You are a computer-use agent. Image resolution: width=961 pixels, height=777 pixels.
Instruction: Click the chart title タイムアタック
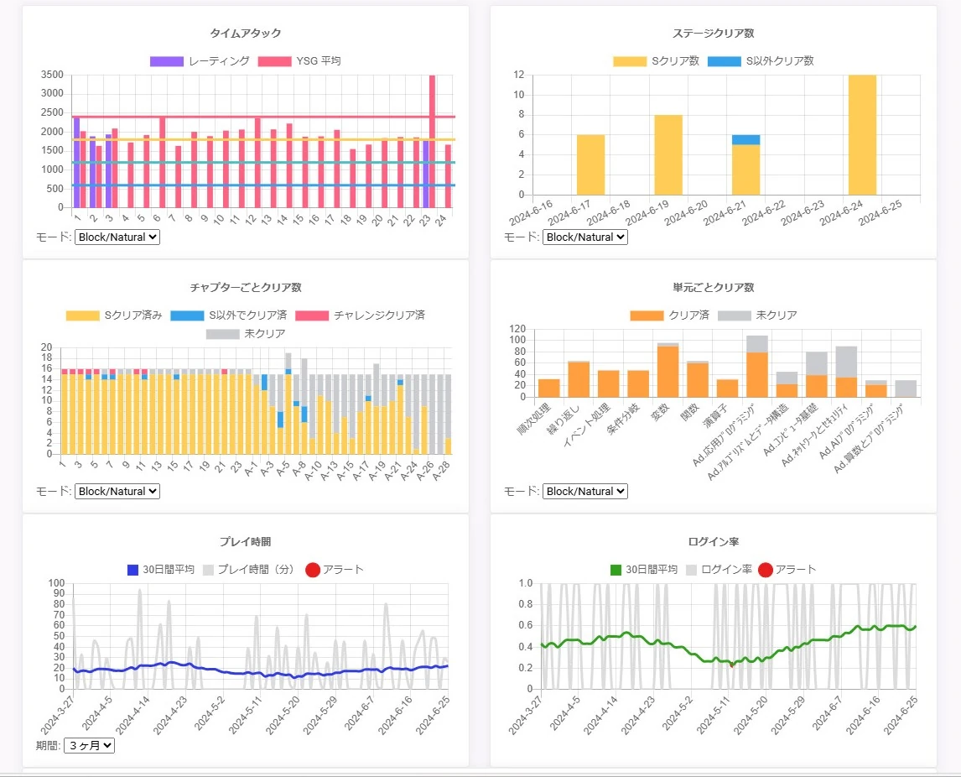tap(245, 34)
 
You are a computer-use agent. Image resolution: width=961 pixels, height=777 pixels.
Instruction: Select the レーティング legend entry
tap(200, 61)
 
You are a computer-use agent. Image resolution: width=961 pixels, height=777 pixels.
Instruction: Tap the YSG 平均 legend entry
tap(299, 61)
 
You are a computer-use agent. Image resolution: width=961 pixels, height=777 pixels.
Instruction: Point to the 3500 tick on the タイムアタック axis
tap(52, 75)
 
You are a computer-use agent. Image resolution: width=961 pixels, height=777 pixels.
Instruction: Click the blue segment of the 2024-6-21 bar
tap(745, 139)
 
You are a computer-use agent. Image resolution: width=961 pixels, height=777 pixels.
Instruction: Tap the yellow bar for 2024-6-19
tap(668, 154)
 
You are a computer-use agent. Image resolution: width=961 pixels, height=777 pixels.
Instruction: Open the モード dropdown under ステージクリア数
tap(584, 237)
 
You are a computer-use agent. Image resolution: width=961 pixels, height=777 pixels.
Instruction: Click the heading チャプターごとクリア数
tap(245, 288)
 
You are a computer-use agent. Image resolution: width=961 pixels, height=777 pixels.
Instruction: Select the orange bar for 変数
tap(668, 372)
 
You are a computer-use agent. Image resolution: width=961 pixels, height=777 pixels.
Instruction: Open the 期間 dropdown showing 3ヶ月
tap(89, 744)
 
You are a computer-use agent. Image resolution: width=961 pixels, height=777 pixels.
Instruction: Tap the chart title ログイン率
tap(713, 542)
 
